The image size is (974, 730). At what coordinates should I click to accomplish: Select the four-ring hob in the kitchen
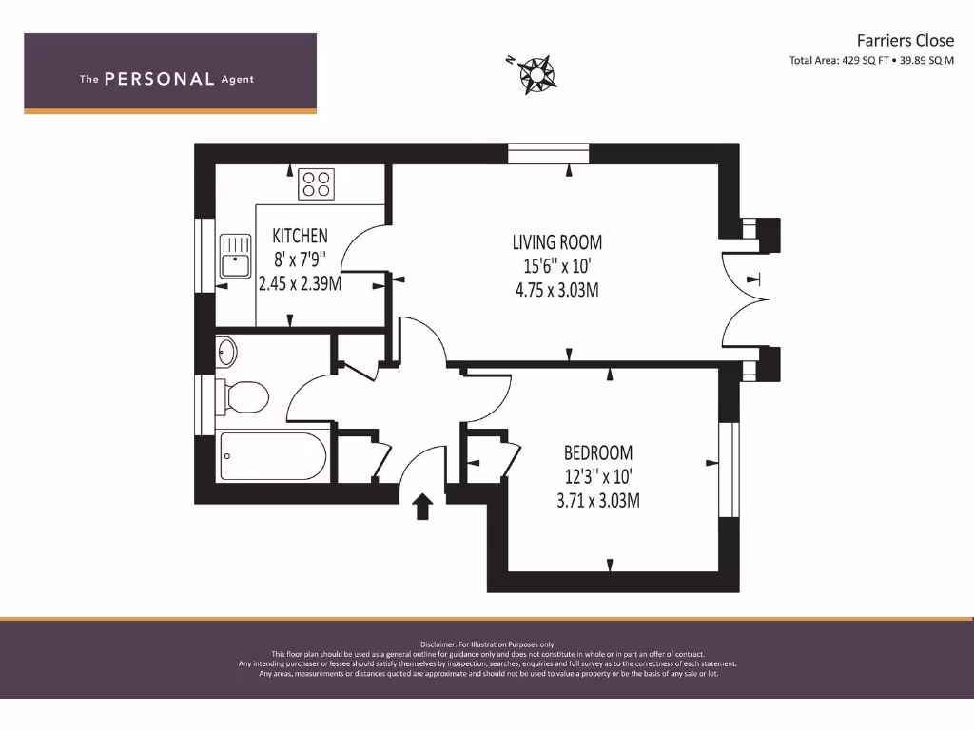[316, 183]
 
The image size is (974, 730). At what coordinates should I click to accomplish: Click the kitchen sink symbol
[234, 256]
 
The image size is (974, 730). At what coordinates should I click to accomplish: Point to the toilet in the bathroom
[241, 396]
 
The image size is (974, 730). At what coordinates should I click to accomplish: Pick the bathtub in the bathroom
[273, 457]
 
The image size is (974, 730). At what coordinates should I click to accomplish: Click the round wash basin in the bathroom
[226, 353]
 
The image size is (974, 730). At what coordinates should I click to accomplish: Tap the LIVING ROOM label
[556, 242]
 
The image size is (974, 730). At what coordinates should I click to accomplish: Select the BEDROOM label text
[597, 452]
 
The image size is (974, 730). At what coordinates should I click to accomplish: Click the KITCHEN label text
[300, 236]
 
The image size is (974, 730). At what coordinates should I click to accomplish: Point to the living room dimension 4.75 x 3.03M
[556, 290]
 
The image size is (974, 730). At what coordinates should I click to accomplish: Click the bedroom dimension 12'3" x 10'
[597, 476]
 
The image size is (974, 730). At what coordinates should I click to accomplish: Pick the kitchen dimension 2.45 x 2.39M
[300, 283]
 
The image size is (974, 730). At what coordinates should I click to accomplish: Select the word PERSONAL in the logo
[159, 80]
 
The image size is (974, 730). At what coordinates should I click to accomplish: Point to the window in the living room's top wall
[549, 153]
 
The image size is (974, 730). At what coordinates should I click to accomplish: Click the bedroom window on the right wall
[729, 471]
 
